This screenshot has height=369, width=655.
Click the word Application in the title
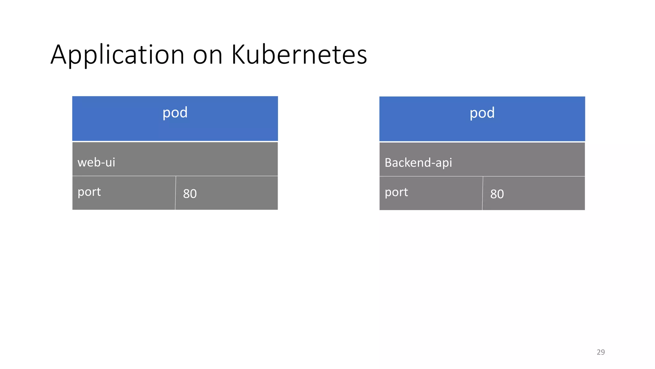[x=117, y=55]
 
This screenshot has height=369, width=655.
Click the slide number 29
[x=601, y=352]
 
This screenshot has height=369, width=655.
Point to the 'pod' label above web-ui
[x=175, y=113]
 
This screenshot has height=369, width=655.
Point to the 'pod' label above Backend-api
[x=482, y=113]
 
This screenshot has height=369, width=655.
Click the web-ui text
[x=96, y=162]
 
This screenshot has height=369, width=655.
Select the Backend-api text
[x=418, y=163]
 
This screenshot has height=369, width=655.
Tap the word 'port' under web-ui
[x=89, y=192]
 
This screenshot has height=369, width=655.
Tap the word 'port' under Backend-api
[x=396, y=193]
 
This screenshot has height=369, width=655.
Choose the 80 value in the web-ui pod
[x=190, y=194]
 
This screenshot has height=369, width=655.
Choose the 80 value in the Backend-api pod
[x=497, y=194]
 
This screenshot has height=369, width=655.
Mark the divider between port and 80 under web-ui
[x=176, y=193]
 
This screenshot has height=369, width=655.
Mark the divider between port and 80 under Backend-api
[x=483, y=193]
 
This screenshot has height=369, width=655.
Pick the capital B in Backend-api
[x=388, y=163]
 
